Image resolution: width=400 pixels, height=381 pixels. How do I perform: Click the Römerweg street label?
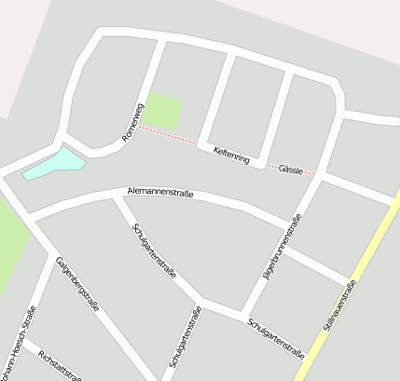point(133,123)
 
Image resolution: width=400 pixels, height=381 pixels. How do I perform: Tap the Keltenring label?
point(231,155)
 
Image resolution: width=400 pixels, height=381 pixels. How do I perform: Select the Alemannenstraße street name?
point(159,193)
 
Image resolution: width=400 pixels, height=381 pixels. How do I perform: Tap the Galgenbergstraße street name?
point(77,283)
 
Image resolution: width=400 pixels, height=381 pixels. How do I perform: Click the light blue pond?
point(54,164)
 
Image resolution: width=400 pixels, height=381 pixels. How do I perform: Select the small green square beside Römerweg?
point(163,111)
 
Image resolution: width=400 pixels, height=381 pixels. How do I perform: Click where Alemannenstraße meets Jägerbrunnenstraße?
point(285,225)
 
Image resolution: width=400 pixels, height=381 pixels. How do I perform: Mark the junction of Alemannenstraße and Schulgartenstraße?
point(115,197)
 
